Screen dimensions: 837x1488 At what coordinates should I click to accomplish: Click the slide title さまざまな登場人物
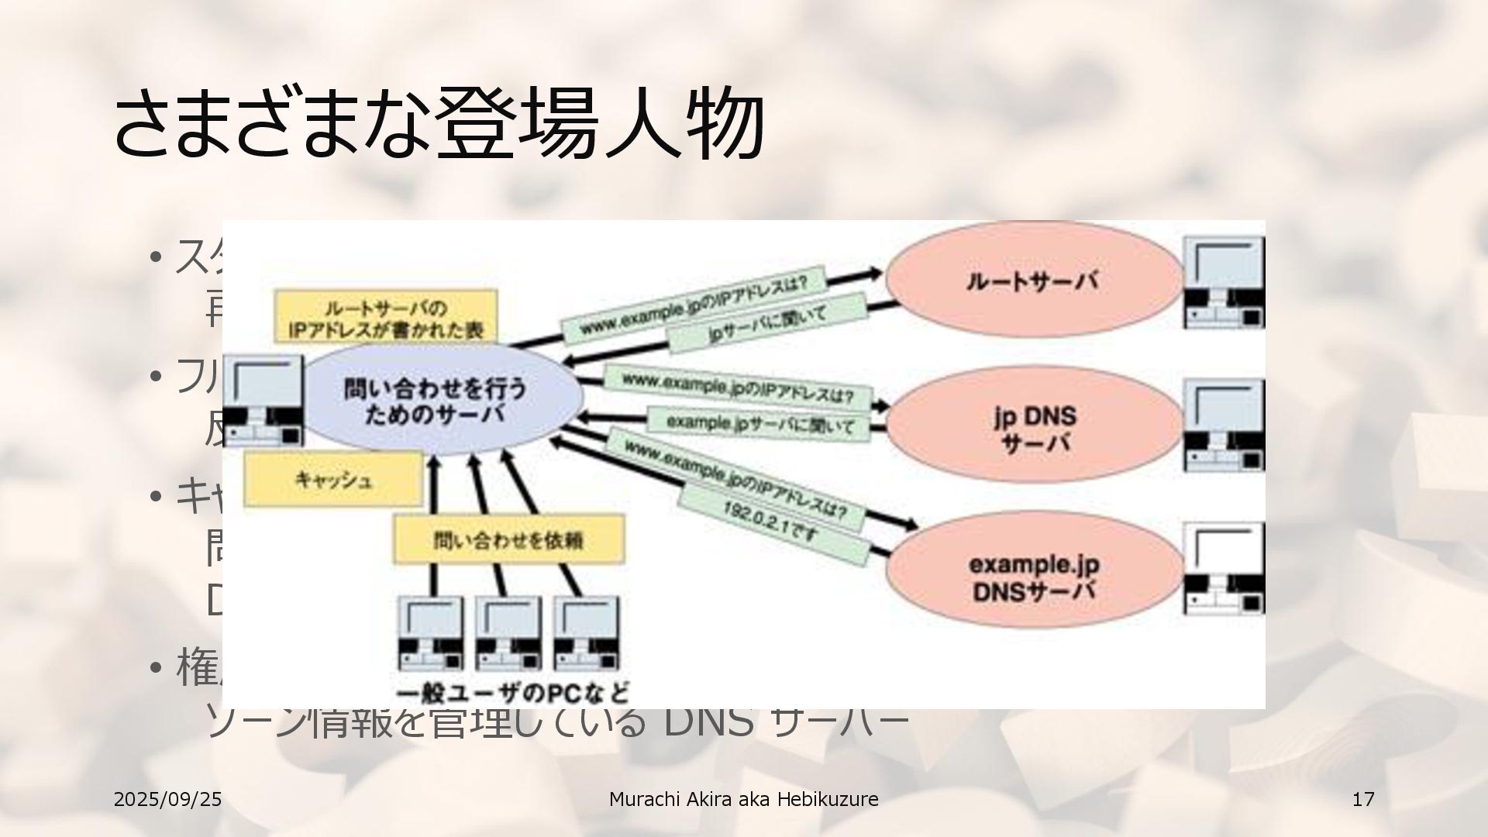[439, 124]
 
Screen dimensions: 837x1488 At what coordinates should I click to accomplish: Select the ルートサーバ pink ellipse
[1034, 281]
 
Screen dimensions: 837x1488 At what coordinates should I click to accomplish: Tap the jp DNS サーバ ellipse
[1034, 428]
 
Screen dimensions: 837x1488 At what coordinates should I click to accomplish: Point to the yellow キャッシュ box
[333, 480]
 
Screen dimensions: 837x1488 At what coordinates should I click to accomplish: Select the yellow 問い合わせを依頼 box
[508, 539]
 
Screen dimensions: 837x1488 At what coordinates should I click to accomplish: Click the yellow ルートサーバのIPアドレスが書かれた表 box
[385, 316]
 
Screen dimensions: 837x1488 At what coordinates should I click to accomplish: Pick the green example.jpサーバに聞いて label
[760, 425]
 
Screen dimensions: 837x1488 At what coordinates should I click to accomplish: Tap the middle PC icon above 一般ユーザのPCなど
[508, 634]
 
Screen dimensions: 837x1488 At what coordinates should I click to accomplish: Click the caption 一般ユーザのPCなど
[512, 691]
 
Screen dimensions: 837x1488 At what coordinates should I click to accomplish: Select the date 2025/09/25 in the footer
[167, 799]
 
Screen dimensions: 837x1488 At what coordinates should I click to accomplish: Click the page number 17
[1363, 799]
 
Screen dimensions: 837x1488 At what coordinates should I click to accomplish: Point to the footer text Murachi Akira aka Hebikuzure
[743, 799]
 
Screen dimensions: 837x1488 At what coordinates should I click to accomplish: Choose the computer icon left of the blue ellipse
[263, 401]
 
